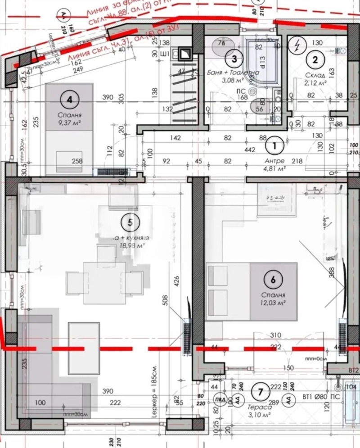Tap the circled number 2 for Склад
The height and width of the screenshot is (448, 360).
tap(315, 59)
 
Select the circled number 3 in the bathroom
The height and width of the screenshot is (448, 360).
tap(234, 58)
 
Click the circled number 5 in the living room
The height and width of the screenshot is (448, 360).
tap(130, 222)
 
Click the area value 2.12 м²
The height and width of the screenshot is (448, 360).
tap(315, 83)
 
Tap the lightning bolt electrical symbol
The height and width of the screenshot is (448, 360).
tap(297, 45)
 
